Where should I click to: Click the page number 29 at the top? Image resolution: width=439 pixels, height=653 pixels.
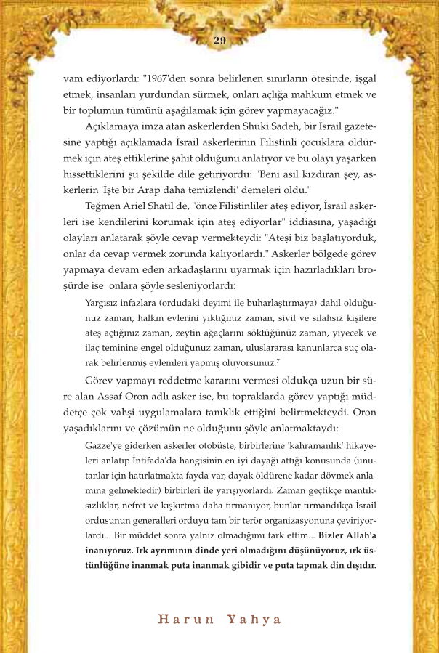219,40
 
